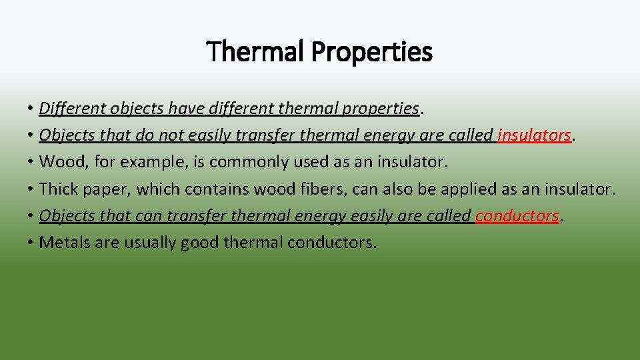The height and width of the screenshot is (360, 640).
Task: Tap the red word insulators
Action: [534, 135]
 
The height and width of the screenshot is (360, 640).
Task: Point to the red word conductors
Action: [517, 215]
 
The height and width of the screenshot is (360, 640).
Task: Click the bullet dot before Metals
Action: [31, 243]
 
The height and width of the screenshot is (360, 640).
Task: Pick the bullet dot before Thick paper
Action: [31, 189]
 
